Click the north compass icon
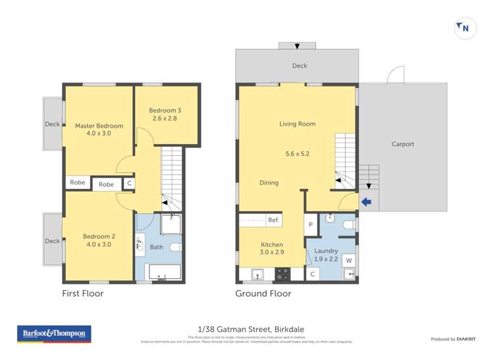pyautogui.click(x=464, y=28)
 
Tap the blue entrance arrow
pyautogui.click(x=367, y=202)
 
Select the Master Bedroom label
pyautogui.click(x=99, y=126)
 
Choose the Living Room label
pyautogui.click(x=297, y=124)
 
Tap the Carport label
pyautogui.click(x=402, y=144)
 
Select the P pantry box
pyautogui.click(x=311, y=225)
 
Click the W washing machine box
pyautogui.click(x=348, y=261)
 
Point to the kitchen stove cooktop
pyautogui.click(x=282, y=274)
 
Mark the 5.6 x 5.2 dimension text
pyautogui.click(x=297, y=154)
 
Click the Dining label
pyautogui.click(x=269, y=183)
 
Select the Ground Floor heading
pyautogui.click(x=263, y=294)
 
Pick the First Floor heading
pyautogui.click(x=82, y=294)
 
